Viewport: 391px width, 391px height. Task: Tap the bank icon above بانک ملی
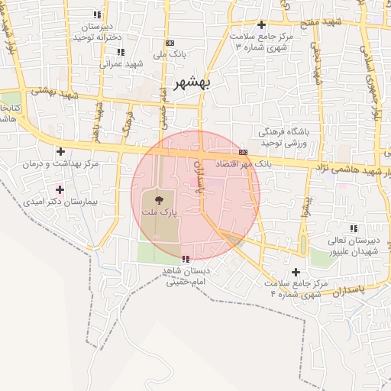(x=170, y=44)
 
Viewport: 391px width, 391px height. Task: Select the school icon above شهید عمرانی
(x=120, y=53)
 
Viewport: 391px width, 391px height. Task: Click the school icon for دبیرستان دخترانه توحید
(x=96, y=15)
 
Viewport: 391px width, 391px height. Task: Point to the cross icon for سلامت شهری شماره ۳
(x=262, y=25)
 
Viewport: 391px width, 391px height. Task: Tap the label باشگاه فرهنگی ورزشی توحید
(x=283, y=137)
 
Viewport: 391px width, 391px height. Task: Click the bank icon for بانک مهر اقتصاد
(x=243, y=152)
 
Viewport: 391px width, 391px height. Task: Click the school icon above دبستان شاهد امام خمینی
(x=186, y=260)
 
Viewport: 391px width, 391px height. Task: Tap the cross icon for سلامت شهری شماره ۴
(x=296, y=273)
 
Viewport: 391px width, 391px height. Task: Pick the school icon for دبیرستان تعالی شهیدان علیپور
(x=353, y=228)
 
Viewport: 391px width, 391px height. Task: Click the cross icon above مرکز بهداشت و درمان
(x=60, y=152)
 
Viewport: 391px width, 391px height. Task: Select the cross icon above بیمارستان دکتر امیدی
(x=60, y=189)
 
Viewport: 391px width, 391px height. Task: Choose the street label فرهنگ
(x=128, y=120)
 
